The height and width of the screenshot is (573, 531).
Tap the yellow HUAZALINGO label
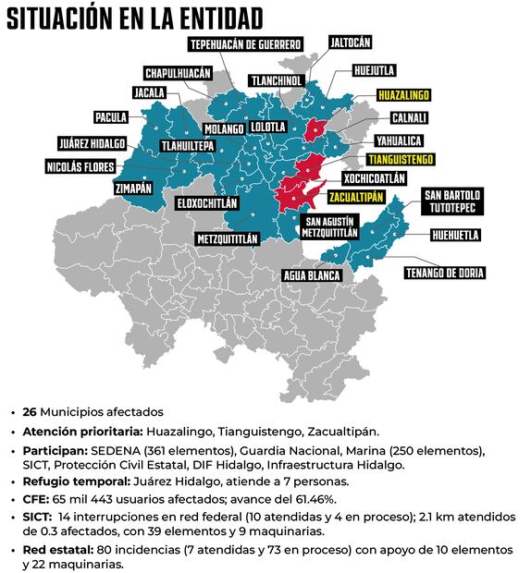point(405,94)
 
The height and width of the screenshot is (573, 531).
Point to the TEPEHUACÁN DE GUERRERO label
point(245,44)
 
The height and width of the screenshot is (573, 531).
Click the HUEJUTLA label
point(376,70)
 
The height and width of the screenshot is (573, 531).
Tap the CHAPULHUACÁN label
point(179,73)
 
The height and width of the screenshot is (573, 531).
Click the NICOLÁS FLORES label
point(82,167)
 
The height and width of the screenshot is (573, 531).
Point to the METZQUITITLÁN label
point(228,238)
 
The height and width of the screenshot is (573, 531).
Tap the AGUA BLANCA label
point(314,275)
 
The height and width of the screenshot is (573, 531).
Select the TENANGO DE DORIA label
point(444,273)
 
